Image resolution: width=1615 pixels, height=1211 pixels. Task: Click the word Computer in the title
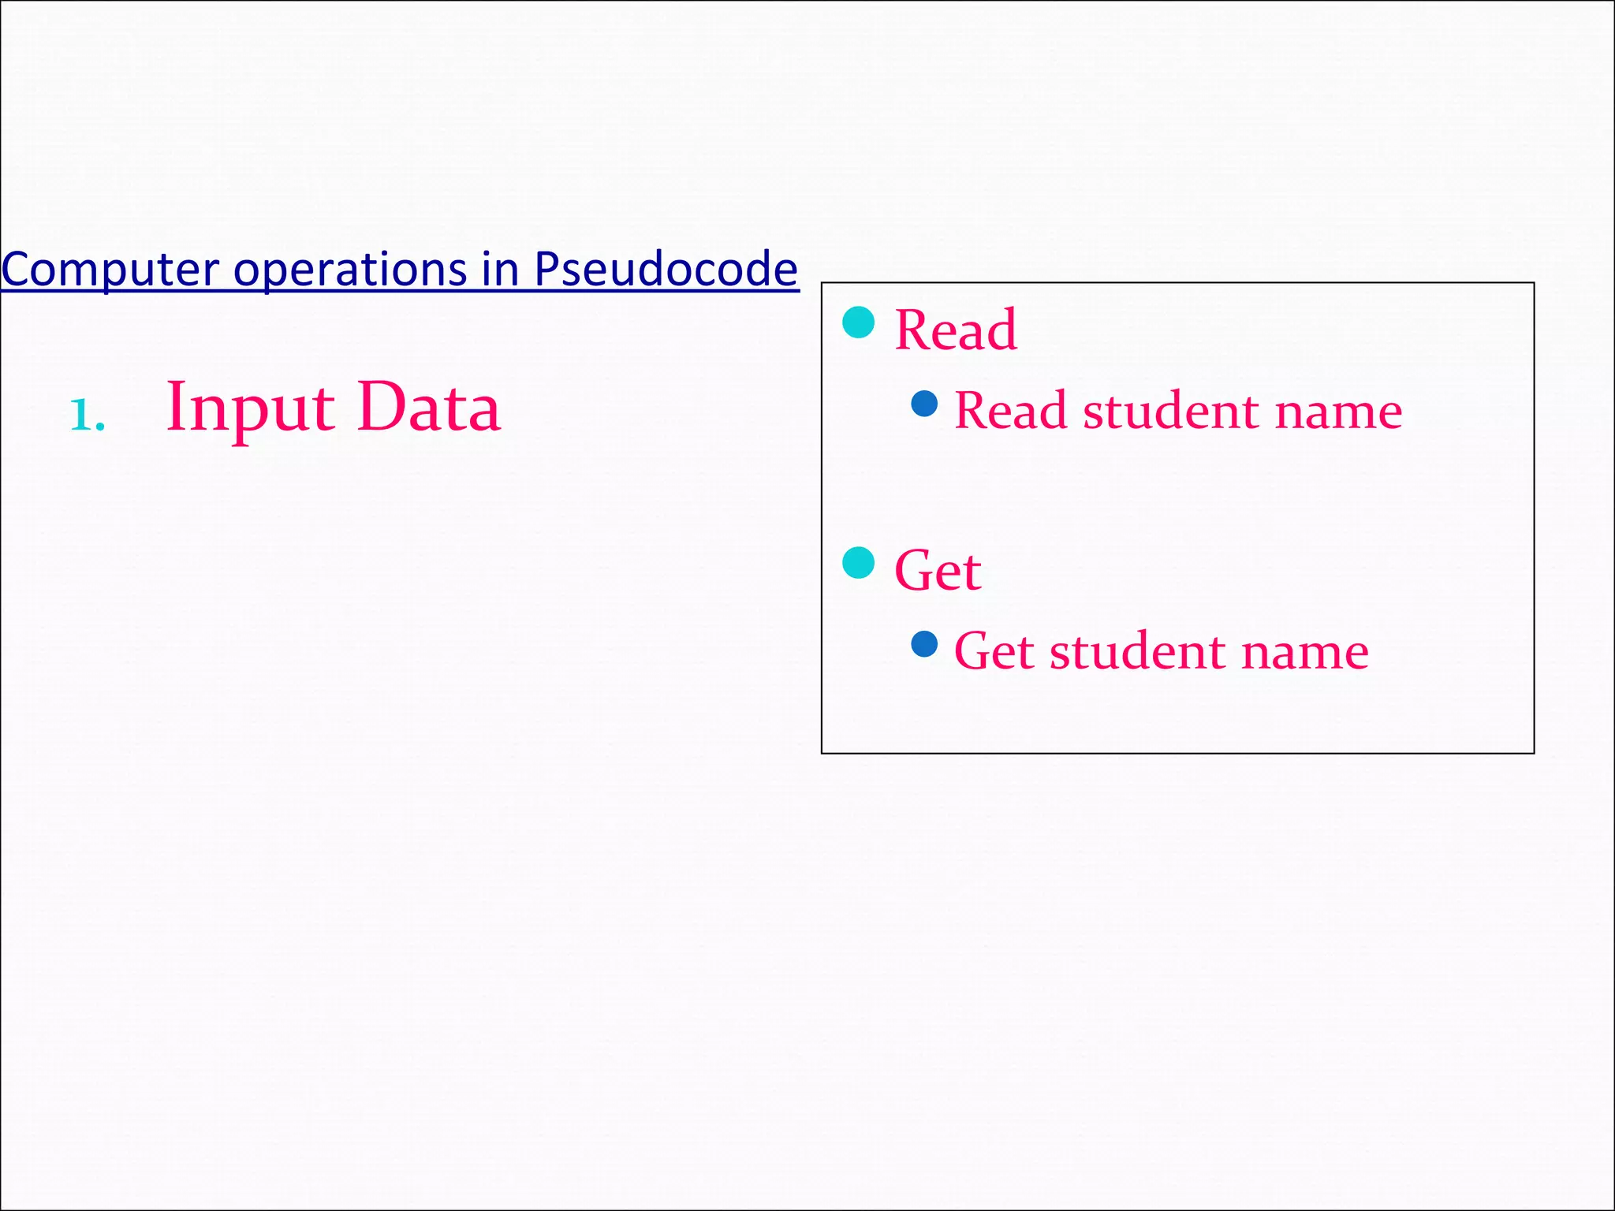coord(110,270)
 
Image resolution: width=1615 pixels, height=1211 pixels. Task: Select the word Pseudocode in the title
coord(666,270)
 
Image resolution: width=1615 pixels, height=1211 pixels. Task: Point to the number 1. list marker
coord(88,415)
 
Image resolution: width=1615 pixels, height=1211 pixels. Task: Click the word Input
coord(251,408)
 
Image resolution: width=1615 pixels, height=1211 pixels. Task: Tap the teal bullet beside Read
coord(859,322)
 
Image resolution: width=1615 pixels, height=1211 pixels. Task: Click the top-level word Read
coord(956,330)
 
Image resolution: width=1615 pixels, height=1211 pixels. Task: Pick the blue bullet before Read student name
coord(924,404)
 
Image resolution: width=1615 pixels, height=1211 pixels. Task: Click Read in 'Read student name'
coord(1010,411)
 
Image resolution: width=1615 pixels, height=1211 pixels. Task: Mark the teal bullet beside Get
coord(859,563)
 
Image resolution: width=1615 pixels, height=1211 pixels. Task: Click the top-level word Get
coord(938,570)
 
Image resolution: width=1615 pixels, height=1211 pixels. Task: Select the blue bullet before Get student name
coord(924,644)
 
